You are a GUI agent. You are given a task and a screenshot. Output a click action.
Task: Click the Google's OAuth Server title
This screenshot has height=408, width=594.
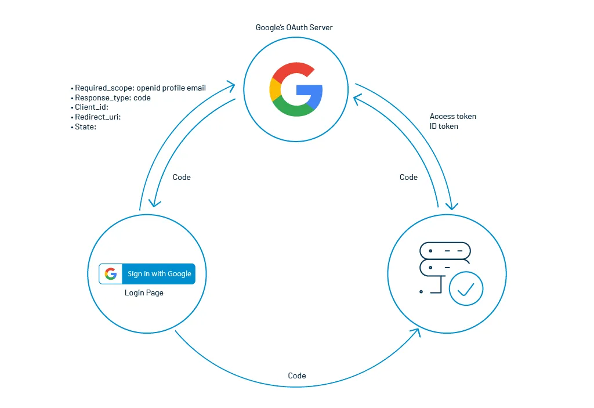pyautogui.click(x=294, y=27)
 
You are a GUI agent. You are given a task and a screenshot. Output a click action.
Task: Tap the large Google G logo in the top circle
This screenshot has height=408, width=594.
pyautogui.click(x=296, y=90)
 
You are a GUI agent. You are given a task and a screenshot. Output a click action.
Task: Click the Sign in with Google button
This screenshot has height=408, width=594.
pyautogui.click(x=147, y=274)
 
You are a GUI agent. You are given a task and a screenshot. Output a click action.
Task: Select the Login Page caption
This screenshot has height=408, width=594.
pyautogui.click(x=144, y=293)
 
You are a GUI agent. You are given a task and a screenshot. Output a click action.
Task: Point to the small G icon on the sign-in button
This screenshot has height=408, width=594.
pyautogui.click(x=111, y=274)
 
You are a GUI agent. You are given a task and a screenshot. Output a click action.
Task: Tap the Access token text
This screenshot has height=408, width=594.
pyautogui.click(x=452, y=116)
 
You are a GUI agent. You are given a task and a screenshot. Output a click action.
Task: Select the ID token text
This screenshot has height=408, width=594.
pyautogui.click(x=444, y=126)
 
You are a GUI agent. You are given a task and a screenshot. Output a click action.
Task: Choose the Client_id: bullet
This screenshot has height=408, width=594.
pyautogui.click(x=92, y=107)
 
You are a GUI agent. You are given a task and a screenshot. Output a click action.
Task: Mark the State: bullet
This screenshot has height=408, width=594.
pyautogui.click(x=85, y=126)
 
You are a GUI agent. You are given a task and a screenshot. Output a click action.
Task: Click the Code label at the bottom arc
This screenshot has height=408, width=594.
pyautogui.click(x=297, y=375)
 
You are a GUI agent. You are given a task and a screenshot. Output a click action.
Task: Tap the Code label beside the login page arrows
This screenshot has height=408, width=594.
pyautogui.click(x=182, y=177)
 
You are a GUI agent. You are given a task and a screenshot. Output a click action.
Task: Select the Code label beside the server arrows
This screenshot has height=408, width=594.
pyautogui.click(x=408, y=177)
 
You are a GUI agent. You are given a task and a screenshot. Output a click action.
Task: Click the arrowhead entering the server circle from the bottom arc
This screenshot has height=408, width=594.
pyautogui.click(x=415, y=332)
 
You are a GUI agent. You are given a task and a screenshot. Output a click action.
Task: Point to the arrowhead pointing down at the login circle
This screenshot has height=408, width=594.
pyautogui.click(x=154, y=203)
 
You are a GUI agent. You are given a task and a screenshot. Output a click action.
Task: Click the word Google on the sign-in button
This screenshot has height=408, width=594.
pyautogui.click(x=179, y=274)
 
